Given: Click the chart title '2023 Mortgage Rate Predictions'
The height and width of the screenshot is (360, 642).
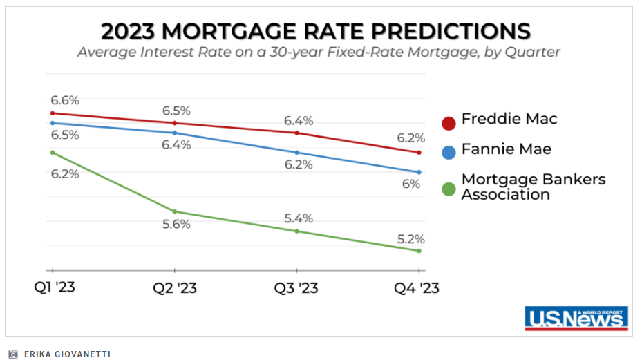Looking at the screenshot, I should click(x=316, y=31).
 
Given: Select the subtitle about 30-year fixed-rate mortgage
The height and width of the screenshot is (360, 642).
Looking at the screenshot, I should click(x=318, y=53).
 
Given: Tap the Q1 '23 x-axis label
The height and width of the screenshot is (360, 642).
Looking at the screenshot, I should click(x=53, y=287).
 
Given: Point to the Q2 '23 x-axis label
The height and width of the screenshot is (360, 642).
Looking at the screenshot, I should click(x=175, y=287).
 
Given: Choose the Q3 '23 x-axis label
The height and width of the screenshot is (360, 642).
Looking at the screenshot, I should click(x=296, y=287).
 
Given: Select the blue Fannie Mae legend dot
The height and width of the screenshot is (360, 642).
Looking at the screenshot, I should click(x=449, y=151).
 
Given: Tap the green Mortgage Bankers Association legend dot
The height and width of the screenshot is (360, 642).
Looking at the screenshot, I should click(x=449, y=189).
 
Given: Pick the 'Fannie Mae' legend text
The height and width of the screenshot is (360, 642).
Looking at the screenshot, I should click(x=507, y=149).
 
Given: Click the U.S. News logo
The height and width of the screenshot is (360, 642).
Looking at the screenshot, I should click(x=576, y=318).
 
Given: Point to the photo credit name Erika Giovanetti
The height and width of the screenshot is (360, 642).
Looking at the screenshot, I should click(x=67, y=354).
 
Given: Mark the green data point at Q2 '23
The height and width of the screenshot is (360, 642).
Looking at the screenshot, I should click(x=175, y=211).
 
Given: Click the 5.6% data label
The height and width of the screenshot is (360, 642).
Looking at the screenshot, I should click(x=175, y=225).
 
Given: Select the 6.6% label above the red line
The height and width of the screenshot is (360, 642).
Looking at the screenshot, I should click(x=65, y=101).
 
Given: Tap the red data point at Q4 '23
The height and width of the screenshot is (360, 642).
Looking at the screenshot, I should click(x=419, y=153).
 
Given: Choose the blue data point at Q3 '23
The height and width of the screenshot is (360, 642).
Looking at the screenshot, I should click(x=297, y=153).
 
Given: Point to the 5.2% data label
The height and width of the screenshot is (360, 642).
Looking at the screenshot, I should click(x=410, y=239).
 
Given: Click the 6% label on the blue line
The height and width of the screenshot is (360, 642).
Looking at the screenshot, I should click(x=411, y=184).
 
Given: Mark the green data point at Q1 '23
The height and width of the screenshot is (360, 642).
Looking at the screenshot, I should click(x=53, y=152).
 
